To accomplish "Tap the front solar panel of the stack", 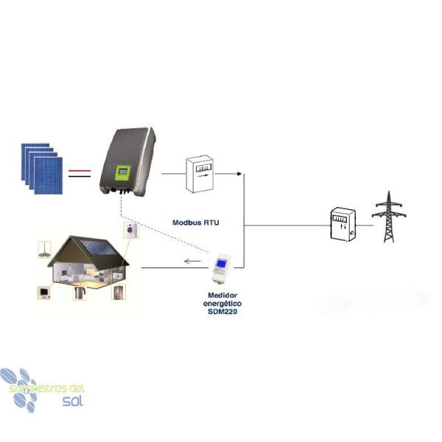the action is pyautogui.click(x=48, y=175).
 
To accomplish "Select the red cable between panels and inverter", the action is pyautogui.click(x=80, y=171).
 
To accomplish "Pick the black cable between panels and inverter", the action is pyautogui.click(x=80, y=177).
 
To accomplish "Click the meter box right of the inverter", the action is pyautogui.click(x=200, y=174).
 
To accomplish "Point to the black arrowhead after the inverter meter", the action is pyautogui.click(x=239, y=174).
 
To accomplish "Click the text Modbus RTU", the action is pyautogui.click(x=196, y=222).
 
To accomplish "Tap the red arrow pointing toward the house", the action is pyautogui.click(x=192, y=261).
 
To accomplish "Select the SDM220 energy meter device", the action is pyautogui.click(x=222, y=268).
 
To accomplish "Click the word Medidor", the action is pyautogui.click(x=222, y=295).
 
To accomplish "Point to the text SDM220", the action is pyautogui.click(x=222, y=312).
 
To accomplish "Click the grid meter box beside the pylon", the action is pyautogui.click(x=343, y=225).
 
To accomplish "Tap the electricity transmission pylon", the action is pyautogui.click(x=389, y=217).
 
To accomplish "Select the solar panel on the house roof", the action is pyautogui.click(x=99, y=247).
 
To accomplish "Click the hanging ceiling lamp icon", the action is pyautogui.click(x=44, y=250).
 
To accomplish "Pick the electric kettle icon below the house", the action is pyautogui.click(x=80, y=292).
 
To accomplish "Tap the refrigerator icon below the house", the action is pyautogui.click(x=119, y=292).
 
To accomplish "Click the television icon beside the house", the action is pyautogui.click(x=44, y=292).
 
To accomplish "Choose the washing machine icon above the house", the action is pyautogui.click(x=131, y=230).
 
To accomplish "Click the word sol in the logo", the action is pyautogui.click(x=73, y=400).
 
